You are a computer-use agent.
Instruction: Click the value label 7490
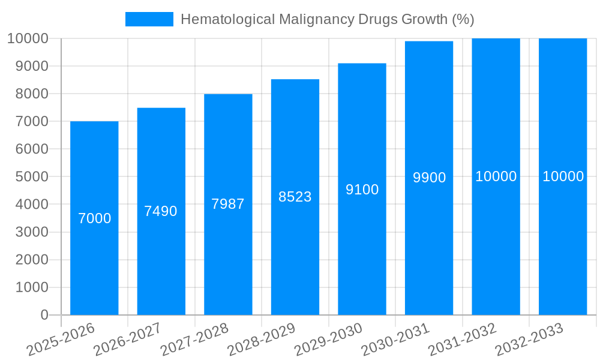pyautogui.click(x=161, y=211)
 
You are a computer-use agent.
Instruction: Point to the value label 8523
pyautogui.click(x=295, y=197)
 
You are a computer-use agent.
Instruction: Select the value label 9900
pyautogui.click(x=429, y=178)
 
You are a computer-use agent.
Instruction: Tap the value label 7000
pyautogui.click(x=94, y=218)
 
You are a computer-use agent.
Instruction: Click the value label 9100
pyautogui.click(x=362, y=190)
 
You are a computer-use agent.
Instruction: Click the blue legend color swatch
pyautogui.click(x=149, y=19)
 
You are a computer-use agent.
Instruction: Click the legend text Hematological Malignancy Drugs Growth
pyautogui.click(x=327, y=19)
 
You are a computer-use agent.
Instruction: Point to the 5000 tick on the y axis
pyautogui.click(x=28, y=177)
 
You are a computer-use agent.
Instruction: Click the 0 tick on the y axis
pyautogui.click(x=44, y=315)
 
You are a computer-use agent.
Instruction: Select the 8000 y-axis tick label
pyautogui.click(x=28, y=94)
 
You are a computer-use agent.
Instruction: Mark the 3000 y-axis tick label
pyautogui.click(x=28, y=232)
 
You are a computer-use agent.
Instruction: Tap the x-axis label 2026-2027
pyautogui.click(x=127, y=339)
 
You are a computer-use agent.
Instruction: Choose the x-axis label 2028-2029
pyautogui.click(x=261, y=339)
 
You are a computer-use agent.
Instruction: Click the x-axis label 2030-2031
pyautogui.click(x=395, y=339)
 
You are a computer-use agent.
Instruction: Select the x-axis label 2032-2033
pyautogui.click(x=529, y=339)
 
